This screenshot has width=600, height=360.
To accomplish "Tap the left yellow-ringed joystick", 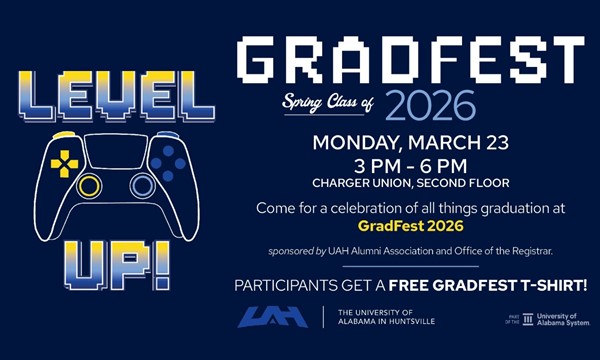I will pyautogui.click(x=89, y=186).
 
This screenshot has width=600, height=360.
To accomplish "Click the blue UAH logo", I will pyautogui.click(x=273, y=317).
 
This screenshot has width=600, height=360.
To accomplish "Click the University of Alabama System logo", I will pyautogui.click(x=549, y=319).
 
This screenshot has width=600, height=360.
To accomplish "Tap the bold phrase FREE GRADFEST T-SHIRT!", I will pyautogui.click(x=488, y=286).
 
